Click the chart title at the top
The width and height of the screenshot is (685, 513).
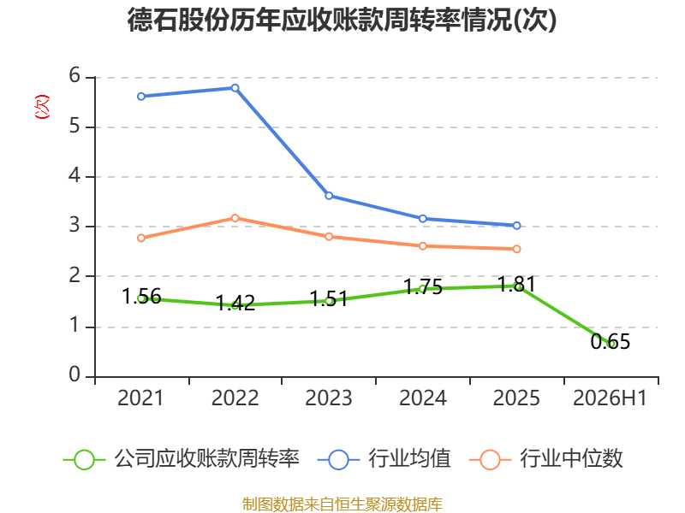click(342, 20)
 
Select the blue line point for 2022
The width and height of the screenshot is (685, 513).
click(235, 88)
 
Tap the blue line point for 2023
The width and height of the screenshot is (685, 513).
click(329, 196)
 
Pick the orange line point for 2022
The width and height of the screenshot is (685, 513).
click(235, 218)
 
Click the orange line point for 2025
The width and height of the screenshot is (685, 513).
click(516, 249)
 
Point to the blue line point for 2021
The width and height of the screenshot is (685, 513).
click(141, 97)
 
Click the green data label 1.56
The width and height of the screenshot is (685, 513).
click(141, 297)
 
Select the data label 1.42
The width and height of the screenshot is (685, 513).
click(235, 303)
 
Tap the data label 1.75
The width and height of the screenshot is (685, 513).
click(423, 286)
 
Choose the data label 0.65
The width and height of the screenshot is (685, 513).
click(611, 341)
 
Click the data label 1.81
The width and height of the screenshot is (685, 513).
click(517, 285)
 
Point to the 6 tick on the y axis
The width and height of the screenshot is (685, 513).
click(74, 76)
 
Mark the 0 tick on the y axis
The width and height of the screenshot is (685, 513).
click(74, 374)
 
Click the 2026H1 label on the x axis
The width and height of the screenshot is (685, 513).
click(610, 398)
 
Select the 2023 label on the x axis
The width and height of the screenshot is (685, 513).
click(329, 398)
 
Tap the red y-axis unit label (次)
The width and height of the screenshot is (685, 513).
click(42, 107)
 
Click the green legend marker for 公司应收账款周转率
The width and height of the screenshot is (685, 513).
click(84, 460)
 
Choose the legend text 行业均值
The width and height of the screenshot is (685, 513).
click(410, 459)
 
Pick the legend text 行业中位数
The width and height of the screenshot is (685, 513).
click(571, 459)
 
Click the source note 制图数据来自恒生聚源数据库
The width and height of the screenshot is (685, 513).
click(342, 504)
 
